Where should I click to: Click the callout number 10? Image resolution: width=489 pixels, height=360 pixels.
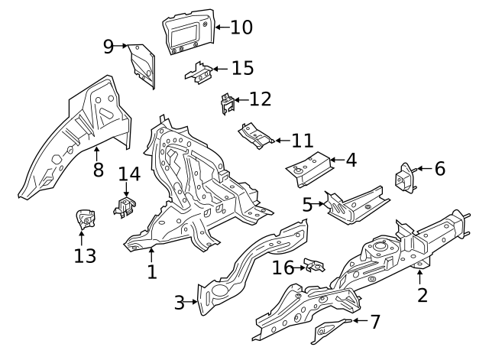pos(241,28)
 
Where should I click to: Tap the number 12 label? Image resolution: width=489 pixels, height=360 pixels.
pos(260,99)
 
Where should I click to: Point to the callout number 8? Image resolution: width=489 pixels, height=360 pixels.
pos(98,170)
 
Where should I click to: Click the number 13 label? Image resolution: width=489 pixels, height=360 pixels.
pos(85,255)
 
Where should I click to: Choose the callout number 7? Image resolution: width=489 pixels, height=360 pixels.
pos(374,322)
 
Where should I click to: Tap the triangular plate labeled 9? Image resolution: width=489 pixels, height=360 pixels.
pos(141,62)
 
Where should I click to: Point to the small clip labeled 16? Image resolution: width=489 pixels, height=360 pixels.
pos(314,265)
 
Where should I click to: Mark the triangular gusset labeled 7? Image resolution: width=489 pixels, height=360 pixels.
pos(330,330)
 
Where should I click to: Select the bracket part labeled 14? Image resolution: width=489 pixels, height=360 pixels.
pos(125,206)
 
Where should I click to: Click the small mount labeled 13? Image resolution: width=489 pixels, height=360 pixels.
pos(84,220)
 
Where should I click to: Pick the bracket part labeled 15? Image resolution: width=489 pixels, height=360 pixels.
pos(199,72)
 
